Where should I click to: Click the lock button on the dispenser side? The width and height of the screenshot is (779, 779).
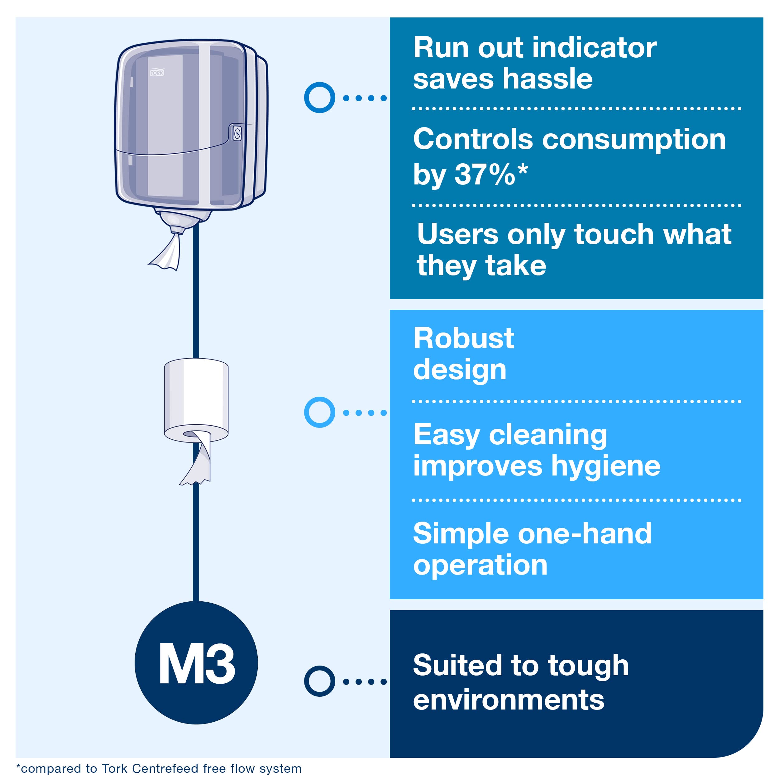pyautogui.click(x=237, y=133)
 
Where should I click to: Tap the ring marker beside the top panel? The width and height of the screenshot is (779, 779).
pyautogui.click(x=319, y=98)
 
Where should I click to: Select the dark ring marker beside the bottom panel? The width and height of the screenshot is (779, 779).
pyautogui.click(x=319, y=681)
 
